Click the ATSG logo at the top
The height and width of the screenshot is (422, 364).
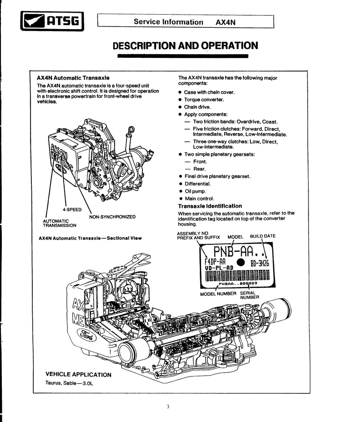tap(52, 21)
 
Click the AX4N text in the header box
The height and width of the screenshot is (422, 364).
tap(225, 22)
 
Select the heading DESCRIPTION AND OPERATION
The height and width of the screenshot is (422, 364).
tap(185, 46)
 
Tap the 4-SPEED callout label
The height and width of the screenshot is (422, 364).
tap(72, 210)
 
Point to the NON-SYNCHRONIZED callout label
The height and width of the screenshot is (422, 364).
tap(112, 217)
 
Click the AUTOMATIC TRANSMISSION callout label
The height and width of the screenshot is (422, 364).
tap(59, 223)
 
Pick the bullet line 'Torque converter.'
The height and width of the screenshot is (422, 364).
tap(204, 100)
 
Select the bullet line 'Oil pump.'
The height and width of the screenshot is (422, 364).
tap(195, 191)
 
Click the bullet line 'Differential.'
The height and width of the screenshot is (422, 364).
tap(198, 184)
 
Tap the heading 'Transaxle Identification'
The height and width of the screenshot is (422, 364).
tap(210, 206)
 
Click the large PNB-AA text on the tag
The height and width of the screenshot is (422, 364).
tap(233, 252)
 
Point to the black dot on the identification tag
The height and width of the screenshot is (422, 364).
tap(241, 262)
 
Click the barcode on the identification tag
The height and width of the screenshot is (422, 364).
tap(237, 276)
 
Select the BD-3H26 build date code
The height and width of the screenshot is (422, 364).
tap(260, 263)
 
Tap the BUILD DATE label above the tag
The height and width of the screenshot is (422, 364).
tap(263, 236)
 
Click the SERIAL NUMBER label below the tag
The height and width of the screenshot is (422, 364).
tap(249, 295)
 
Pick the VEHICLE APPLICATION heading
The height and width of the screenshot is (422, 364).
tap(78, 374)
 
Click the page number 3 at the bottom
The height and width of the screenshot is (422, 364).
tap(168, 407)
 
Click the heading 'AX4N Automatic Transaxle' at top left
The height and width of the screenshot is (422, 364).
tap(73, 78)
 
